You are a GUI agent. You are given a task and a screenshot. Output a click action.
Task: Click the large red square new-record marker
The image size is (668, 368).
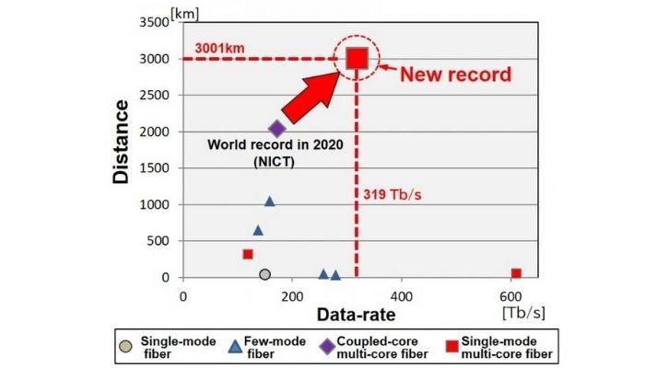point(357,59)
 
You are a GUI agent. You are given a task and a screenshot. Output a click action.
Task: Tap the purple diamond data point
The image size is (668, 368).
point(277,129)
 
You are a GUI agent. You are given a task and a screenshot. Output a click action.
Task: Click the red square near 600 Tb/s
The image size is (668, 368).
point(516,273)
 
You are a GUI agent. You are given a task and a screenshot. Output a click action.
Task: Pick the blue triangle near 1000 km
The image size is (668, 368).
point(269,201)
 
